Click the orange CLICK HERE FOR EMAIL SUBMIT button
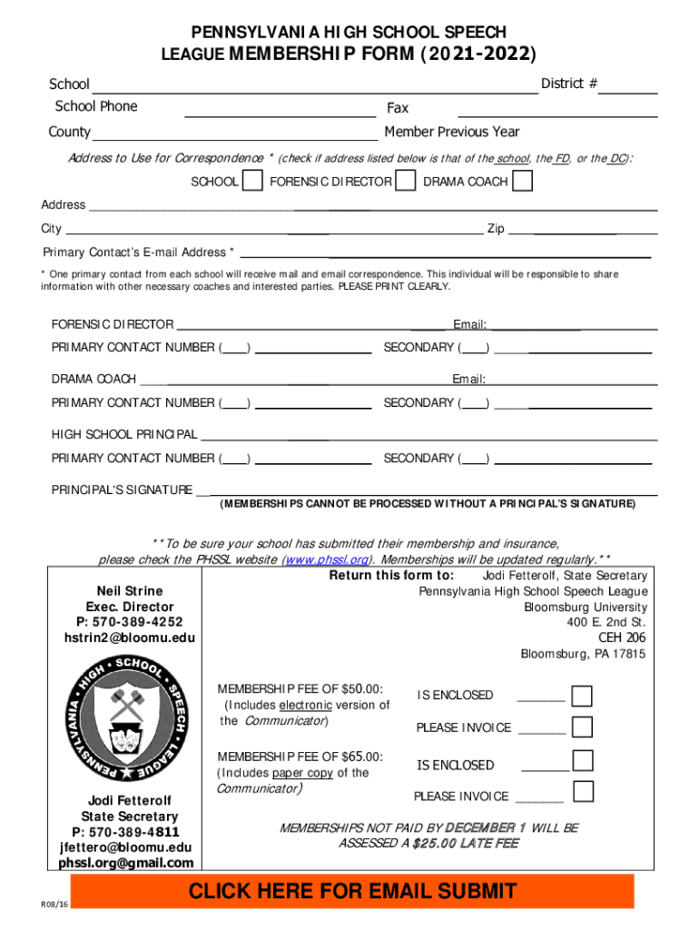point(352,891)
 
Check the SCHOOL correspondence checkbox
point(254,182)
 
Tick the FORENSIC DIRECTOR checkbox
point(406,182)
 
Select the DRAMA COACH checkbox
point(522,182)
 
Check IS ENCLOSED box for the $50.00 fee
point(583,696)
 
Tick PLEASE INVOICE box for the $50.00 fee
point(583,727)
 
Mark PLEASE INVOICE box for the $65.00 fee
point(583,792)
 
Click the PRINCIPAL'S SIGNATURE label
point(122,490)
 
